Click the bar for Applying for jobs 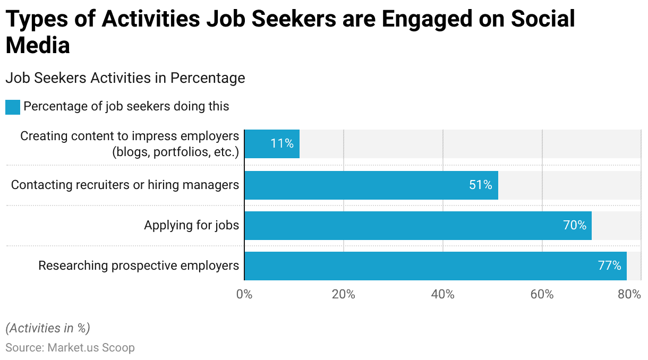pyautogui.click(x=417, y=226)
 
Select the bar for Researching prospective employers pyautogui.click(x=435, y=266)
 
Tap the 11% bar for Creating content pyautogui.click(x=271, y=144)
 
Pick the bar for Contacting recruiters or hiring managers pyautogui.click(x=371, y=185)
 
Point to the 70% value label pyautogui.click(x=574, y=226)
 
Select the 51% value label pyautogui.click(x=480, y=185)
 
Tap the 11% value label pyautogui.click(x=282, y=144)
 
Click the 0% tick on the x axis pyautogui.click(x=244, y=294)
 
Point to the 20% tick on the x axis pyautogui.click(x=344, y=294)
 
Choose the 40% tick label pyautogui.click(x=443, y=294)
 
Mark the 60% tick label pyautogui.click(x=542, y=294)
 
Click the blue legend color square pyautogui.click(x=13, y=107)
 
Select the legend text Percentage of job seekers pyautogui.click(x=126, y=106)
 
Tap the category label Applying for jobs pyautogui.click(x=191, y=226)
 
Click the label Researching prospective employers pyautogui.click(x=139, y=265)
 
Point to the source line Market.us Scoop pyautogui.click(x=70, y=348)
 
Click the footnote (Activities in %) pyautogui.click(x=48, y=328)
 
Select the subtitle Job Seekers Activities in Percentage pyautogui.click(x=125, y=78)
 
